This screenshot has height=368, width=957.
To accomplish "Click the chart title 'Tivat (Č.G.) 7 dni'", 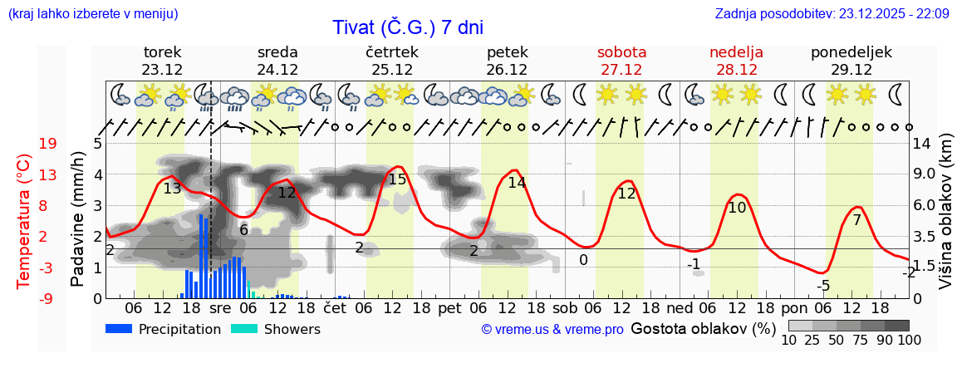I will (408, 27).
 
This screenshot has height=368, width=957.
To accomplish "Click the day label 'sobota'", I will (621, 52).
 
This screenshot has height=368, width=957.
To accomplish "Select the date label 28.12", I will (736, 70).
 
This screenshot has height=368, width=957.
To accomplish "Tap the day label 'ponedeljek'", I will (851, 52).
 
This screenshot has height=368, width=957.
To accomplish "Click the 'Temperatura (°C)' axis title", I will (23, 221).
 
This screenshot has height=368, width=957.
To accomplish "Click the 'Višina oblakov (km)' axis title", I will (945, 220).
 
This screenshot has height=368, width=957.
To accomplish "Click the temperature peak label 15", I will (397, 179).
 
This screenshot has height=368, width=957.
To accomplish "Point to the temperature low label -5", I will (822, 287).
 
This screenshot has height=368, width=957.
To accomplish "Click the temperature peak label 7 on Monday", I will (856, 220).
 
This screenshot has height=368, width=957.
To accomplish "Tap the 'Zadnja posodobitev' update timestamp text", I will (832, 13).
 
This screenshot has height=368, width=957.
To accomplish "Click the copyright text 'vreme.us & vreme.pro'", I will (552, 330).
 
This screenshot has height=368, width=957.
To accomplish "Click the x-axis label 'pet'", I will (449, 308).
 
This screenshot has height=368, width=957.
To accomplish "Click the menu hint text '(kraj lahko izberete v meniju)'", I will (93, 13).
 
